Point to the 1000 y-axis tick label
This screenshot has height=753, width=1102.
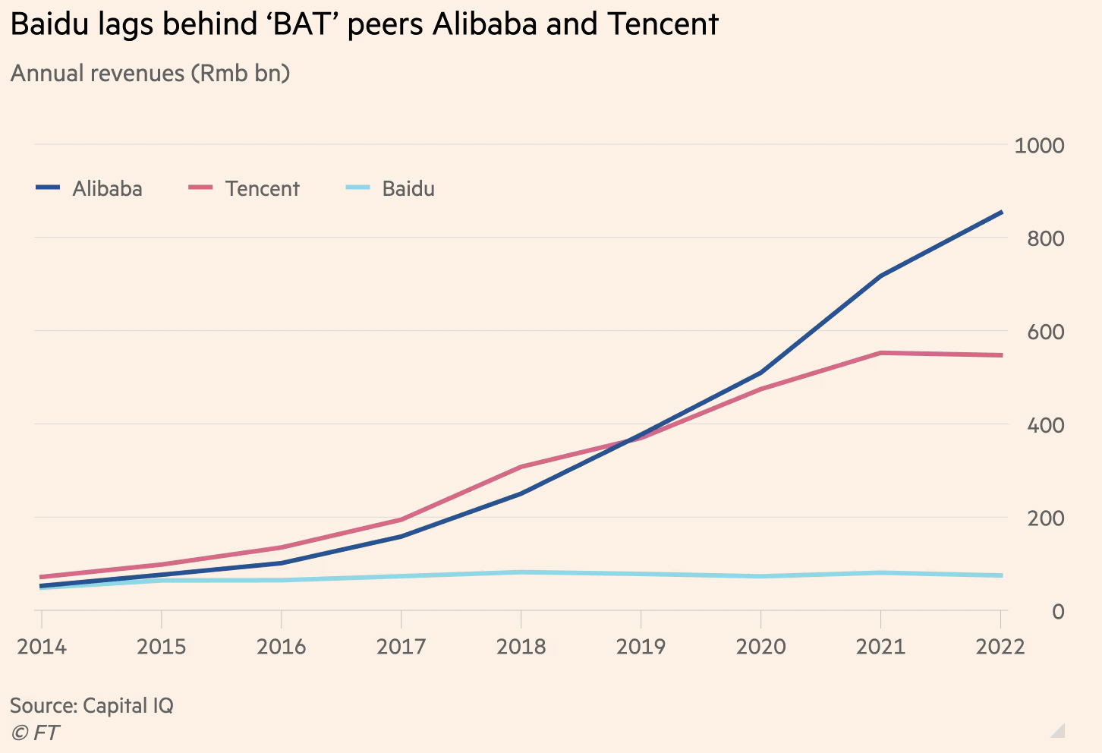coord(1039,145)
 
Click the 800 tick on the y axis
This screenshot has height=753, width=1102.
coord(1045,238)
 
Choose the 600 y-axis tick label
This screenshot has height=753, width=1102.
coord(1045,332)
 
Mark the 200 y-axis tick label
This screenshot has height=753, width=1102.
coord(1045,518)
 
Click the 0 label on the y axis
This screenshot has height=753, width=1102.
coord(1057,612)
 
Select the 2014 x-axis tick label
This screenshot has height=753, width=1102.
coord(42,647)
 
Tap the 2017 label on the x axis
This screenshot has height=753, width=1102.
coord(401,647)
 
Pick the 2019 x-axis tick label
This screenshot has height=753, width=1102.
coord(641,647)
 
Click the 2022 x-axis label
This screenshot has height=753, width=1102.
coord(1000,647)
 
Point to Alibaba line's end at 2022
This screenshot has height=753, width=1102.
coord(1002,213)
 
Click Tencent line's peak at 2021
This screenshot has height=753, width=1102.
coord(880,353)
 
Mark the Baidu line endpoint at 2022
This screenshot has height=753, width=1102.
coord(1002,575)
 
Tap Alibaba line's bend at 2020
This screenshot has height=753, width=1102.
coord(760,373)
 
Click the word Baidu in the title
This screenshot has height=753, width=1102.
coord(47,24)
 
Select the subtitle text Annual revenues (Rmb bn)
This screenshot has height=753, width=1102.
coord(150,74)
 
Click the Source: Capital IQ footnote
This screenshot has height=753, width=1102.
coord(92,705)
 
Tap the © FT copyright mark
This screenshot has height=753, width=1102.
coord(35,733)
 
